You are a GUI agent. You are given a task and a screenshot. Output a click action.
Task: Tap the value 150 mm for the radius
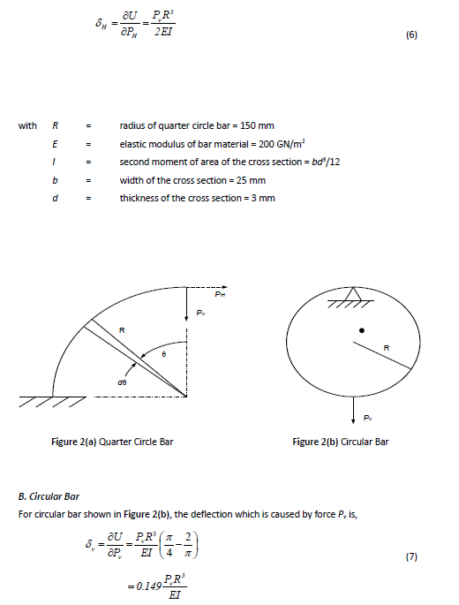(257, 126)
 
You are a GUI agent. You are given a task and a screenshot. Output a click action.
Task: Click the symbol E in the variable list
(56, 144)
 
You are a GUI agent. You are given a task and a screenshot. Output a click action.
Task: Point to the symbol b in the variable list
(56, 180)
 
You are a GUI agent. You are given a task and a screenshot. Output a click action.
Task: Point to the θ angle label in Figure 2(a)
(165, 353)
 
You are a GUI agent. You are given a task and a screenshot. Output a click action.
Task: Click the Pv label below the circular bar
(367, 421)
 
